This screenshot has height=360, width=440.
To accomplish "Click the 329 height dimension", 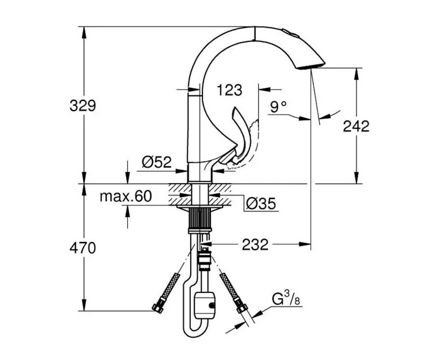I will coord(83,106).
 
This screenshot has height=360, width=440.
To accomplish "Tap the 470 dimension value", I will coord(83,248).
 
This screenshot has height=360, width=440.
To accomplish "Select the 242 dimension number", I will coord(356,126).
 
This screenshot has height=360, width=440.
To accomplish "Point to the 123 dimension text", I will coord(229,90).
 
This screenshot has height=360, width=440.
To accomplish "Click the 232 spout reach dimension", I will coord(255,245).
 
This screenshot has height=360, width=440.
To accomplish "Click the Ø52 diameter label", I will coord(157,162).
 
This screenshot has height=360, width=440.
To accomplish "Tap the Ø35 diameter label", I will coord(261,204).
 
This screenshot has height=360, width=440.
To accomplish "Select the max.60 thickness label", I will coord(126,196).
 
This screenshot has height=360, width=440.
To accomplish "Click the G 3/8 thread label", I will coord(286,299).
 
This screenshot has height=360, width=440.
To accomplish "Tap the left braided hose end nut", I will coord(158,307).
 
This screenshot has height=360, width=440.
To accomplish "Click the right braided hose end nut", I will coord(242,308).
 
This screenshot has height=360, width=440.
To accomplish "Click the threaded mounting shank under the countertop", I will coord(199,219).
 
